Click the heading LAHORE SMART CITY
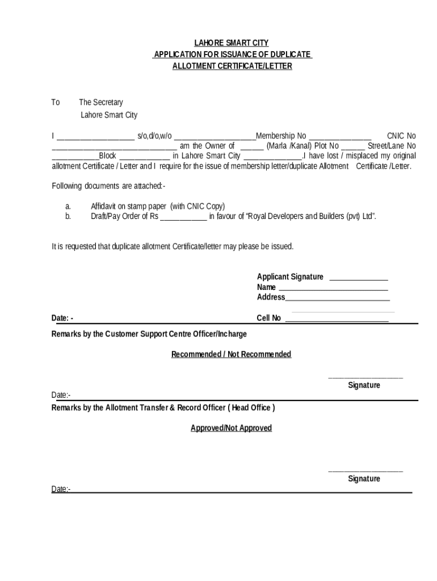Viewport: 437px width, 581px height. pyautogui.click(x=232, y=43)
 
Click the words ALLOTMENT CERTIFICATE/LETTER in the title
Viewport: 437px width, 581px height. pyautogui.click(x=232, y=66)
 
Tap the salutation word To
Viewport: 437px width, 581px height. pyautogui.click(x=56, y=103)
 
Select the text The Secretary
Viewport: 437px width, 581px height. pyautogui.click(x=100, y=103)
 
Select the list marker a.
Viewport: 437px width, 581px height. pyautogui.click(x=68, y=207)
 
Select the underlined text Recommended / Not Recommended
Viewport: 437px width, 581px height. pyautogui.click(x=232, y=355)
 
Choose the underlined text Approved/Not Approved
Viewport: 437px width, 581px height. pyautogui.click(x=232, y=428)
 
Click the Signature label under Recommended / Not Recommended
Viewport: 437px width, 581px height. pyautogui.click(x=364, y=385)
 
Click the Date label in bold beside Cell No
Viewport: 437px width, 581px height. pyautogui.click(x=62, y=318)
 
